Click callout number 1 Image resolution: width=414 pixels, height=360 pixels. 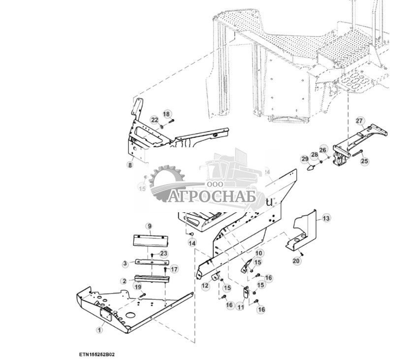pos(99,330)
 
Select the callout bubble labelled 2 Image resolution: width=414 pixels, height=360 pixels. pos(124,281)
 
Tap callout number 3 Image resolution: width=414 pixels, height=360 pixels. pos(126,264)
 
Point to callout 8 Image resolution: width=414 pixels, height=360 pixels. pos(130,165)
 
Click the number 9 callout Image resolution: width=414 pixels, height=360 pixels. pos(149,226)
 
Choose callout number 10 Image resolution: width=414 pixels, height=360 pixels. pos(259,253)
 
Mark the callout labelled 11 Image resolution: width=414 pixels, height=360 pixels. pos(240,307)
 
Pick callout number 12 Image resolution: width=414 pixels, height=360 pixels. pos(205,286)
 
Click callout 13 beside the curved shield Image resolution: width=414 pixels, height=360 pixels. pos(326,218)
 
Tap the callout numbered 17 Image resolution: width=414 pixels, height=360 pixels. pos(174,269)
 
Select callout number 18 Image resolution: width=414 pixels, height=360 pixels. pos(166,114)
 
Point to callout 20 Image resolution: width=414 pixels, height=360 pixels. pos(296,261)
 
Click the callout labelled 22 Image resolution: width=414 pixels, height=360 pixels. pos(155,120)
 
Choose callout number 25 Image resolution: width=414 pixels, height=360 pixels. pos(364,161)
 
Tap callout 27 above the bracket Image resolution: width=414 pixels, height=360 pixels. pos(359,121)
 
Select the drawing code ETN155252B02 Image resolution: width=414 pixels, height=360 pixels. pos(99,354)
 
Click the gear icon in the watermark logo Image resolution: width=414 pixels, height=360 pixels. pos(166,184)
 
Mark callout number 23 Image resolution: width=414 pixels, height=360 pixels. pos(163,253)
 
